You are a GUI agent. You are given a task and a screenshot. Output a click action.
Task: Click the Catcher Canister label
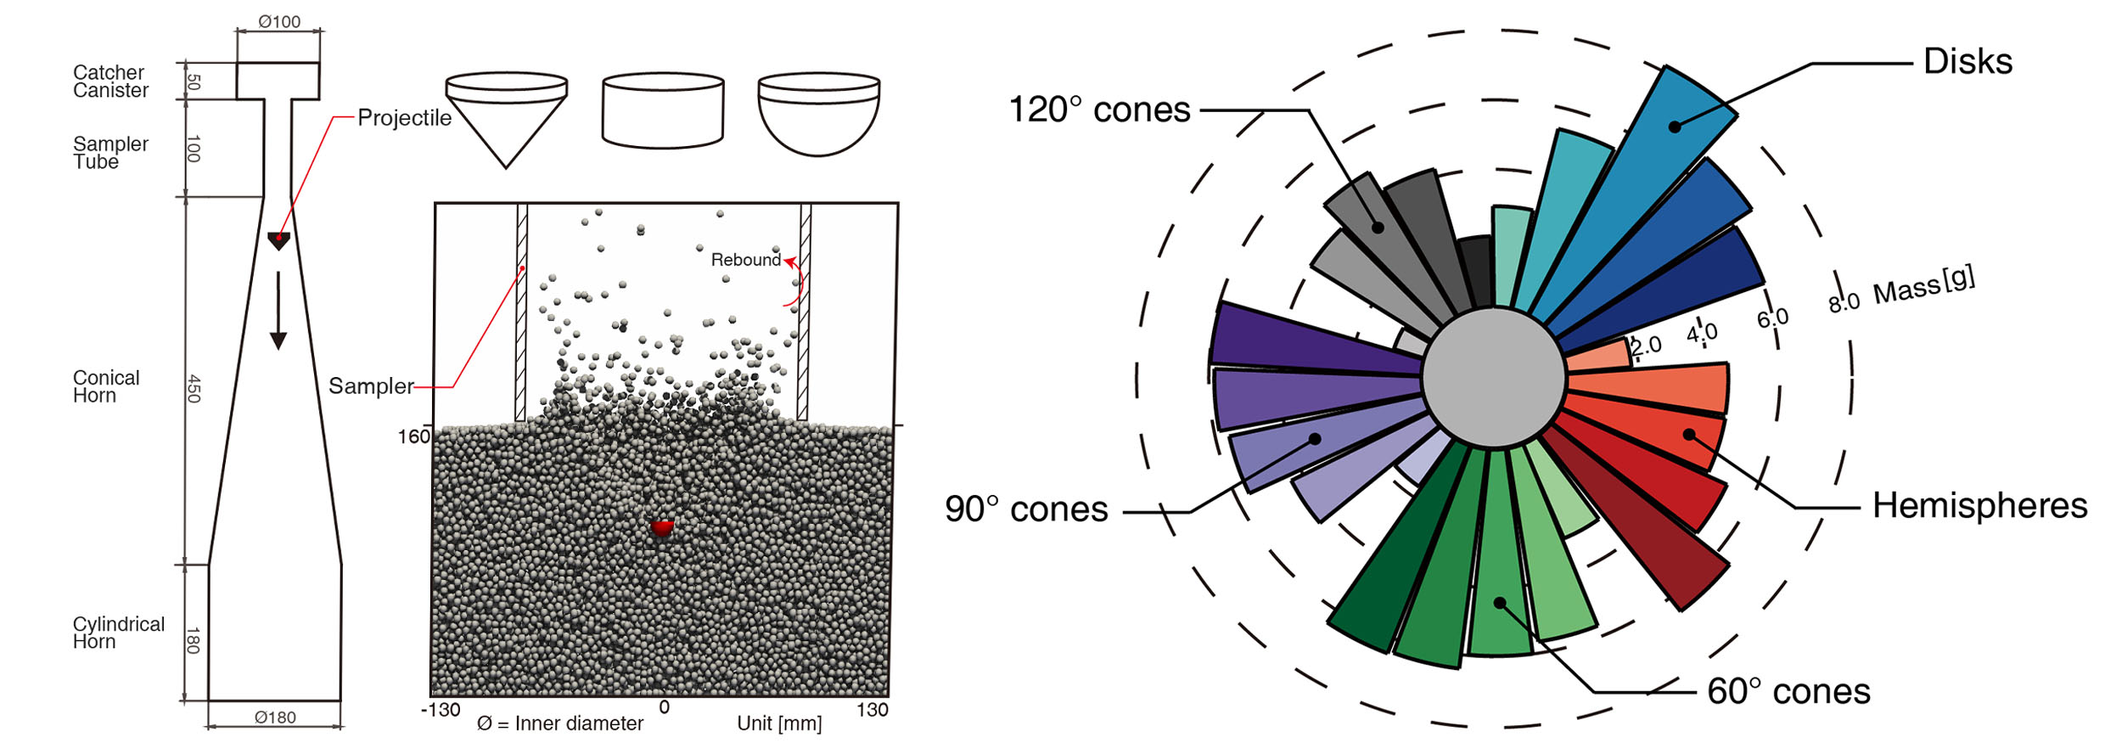(110, 82)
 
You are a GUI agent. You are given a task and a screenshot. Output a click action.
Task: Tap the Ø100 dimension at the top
(279, 21)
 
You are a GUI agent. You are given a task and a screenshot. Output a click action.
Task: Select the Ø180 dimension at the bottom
(275, 717)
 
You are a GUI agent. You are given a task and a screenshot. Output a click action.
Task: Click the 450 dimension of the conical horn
(194, 388)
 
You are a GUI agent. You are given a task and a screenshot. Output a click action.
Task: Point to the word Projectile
(404, 118)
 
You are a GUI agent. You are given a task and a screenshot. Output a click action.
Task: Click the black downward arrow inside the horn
(278, 311)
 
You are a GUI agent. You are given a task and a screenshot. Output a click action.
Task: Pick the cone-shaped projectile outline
(507, 120)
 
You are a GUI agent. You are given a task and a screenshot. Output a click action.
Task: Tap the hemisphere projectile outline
(819, 115)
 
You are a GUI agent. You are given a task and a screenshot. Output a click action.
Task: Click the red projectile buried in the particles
(662, 527)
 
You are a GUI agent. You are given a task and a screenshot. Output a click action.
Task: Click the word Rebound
(745, 260)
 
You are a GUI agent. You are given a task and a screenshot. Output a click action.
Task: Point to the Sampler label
(371, 386)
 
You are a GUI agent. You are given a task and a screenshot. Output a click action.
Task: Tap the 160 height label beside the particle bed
(414, 436)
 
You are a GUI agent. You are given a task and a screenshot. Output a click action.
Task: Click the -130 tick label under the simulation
(441, 710)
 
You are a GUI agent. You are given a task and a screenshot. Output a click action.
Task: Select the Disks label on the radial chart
(1967, 61)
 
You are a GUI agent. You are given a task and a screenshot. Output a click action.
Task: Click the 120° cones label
(1099, 110)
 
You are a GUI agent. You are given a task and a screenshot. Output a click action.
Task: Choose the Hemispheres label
(1979, 505)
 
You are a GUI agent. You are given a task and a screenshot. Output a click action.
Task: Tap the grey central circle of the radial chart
(1494, 378)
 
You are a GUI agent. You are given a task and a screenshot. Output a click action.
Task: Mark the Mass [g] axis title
(1924, 286)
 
